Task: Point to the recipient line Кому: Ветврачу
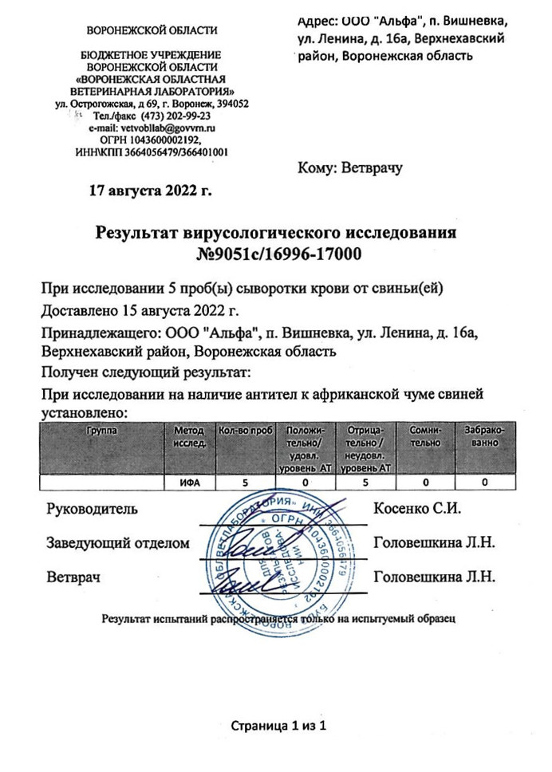point(350,167)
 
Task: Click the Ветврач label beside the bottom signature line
point(73,577)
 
